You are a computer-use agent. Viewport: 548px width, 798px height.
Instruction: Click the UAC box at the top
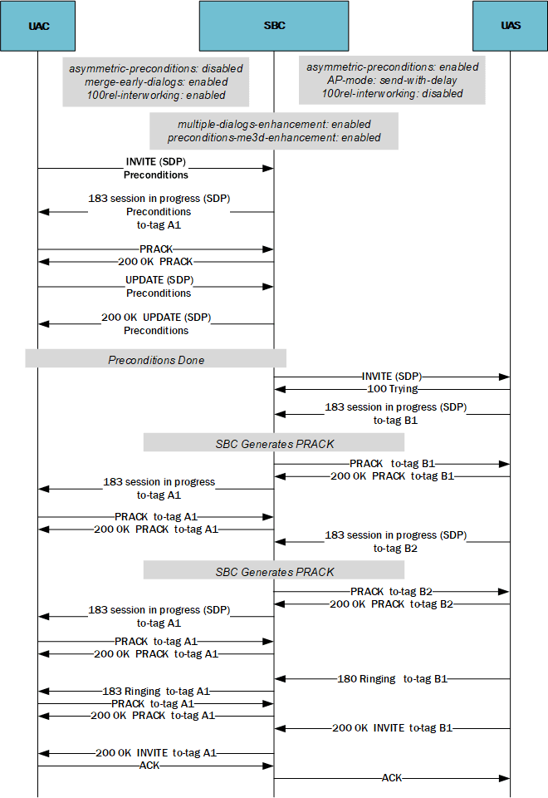[x=38, y=26]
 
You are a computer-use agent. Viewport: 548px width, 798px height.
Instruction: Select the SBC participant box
[x=274, y=26]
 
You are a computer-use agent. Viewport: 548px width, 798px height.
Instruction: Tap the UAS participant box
[x=510, y=26]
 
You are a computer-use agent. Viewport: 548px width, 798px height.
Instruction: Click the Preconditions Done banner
[x=156, y=359]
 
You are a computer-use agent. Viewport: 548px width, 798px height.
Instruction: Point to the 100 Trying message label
[x=392, y=388]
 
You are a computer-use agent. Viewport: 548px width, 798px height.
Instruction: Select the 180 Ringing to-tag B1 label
[x=392, y=679]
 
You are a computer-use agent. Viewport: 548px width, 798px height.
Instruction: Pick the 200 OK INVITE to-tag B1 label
[x=392, y=728]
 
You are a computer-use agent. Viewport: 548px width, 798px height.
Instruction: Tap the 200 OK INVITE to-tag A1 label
[x=156, y=753]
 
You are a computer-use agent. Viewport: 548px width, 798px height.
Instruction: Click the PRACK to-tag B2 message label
[x=392, y=592]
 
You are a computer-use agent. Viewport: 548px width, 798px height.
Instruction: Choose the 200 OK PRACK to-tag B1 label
[x=392, y=476]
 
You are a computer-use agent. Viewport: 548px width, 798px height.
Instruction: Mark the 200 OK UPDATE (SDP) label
[x=156, y=318]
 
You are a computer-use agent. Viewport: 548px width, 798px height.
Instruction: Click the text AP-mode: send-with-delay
[x=392, y=81]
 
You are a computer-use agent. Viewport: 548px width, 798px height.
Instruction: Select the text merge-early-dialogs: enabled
[x=156, y=82]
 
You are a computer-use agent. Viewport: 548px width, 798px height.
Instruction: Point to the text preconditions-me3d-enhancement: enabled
[x=274, y=137]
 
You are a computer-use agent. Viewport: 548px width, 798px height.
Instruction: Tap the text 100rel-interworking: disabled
[x=392, y=94]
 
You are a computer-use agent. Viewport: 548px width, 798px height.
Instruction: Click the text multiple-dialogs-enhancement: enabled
[x=274, y=124]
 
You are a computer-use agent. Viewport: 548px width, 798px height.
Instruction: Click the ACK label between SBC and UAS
[x=392, y=778]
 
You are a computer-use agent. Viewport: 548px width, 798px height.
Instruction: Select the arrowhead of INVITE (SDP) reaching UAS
[x=504, y=377]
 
